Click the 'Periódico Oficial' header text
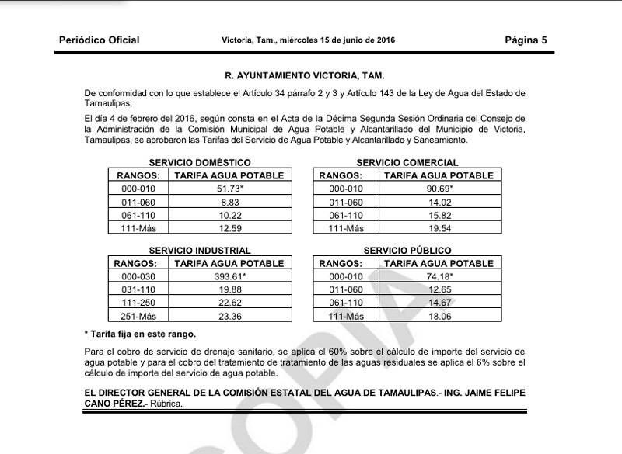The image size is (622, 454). click(x=99, y=40)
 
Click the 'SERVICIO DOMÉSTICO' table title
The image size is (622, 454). click(x=200, y=163)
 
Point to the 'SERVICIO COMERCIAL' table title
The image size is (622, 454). click(x=407, y=163)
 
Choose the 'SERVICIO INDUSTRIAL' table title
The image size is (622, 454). click(x=200, y=251)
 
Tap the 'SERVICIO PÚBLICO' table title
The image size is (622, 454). click(x=407, y=251)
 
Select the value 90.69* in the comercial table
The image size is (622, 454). click(x=436, y=189)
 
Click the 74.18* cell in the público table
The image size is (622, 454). click(x=436, y=276)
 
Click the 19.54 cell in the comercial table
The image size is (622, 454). click(x=436, y=228)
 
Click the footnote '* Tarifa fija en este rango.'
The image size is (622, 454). click(x=140, y=334)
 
